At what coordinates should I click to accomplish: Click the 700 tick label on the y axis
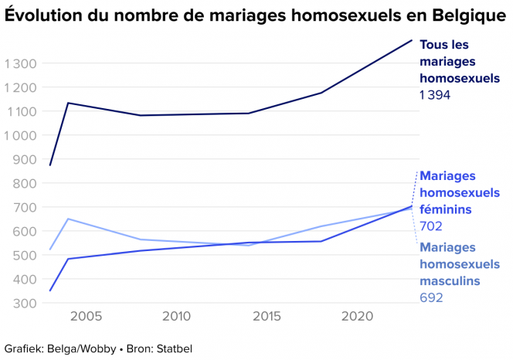point(25,207)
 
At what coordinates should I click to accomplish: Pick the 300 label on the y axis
point(25,303)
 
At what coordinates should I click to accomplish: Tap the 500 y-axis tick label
point(25,255)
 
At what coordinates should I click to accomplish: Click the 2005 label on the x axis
point(87,317)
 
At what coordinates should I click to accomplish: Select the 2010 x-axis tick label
point(177,317)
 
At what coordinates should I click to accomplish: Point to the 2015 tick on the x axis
point(267,317)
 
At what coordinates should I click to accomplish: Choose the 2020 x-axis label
point(358,317)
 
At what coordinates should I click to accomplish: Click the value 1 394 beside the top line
point(435,95)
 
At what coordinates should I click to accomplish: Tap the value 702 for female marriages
point(430,226)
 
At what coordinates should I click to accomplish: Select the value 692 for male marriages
point(430,297)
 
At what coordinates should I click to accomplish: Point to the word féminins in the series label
point(446,209)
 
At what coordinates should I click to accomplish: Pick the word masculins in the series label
point(450,280)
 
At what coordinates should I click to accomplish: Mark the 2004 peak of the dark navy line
point(68,103)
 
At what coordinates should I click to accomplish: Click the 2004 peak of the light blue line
point(68,219)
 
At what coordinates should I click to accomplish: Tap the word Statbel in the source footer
point(174,348)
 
